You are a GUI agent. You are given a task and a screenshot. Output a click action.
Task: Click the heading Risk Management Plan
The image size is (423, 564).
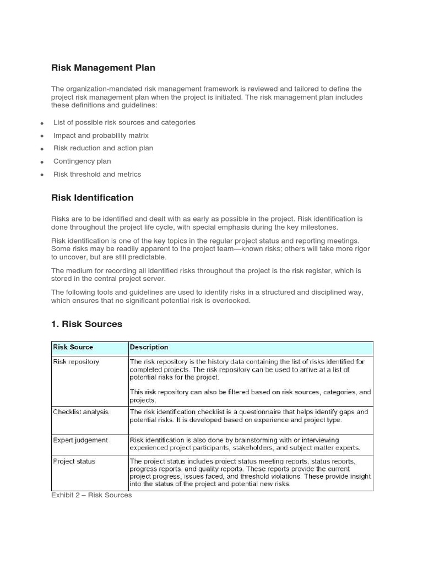[x=103, y=68]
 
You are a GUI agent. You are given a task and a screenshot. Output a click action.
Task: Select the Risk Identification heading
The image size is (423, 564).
[x=92, y=198]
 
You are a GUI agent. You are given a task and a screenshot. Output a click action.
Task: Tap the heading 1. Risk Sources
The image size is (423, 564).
[x=86, y=324]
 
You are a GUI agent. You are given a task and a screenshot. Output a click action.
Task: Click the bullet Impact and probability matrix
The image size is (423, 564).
[x=101, y=135]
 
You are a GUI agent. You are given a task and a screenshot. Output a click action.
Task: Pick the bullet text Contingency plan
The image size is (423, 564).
[x=82, y=161]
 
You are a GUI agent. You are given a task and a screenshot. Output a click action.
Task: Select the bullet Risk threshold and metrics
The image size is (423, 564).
[x=97, y=174]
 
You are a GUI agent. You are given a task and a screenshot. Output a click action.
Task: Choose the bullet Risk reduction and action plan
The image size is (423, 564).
[x=103, y=148]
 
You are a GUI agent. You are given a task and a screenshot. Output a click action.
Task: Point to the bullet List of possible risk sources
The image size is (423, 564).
[x=124, y=122]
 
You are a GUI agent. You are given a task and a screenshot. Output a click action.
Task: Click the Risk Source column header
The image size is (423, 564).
[x=73, y=347]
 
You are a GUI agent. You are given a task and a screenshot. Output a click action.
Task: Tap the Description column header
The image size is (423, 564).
[x=149, y=347]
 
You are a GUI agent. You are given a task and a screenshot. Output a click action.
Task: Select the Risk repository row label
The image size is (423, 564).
[x=76, y=362]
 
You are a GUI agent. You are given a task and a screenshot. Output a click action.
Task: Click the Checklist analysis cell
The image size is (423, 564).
[x=80, y=411]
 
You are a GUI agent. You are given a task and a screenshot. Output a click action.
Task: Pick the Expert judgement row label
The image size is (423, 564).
[x=80, y=440]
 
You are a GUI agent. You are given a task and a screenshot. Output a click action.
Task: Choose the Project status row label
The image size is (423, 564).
[x=74, y=461]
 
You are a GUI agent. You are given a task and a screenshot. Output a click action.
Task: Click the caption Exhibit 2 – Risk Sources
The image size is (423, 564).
[x=91, y=495]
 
